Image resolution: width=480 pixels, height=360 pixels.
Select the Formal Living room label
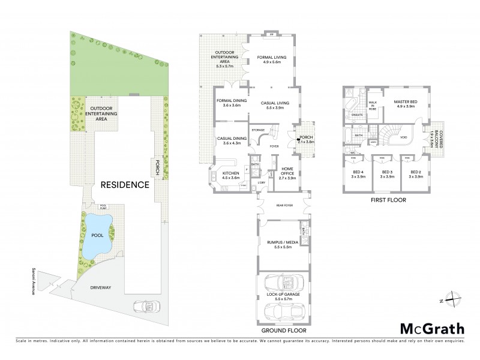click(272, 59)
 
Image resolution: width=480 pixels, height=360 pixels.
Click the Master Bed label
click(405, 104)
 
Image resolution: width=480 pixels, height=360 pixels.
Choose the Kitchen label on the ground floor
click(231, 175)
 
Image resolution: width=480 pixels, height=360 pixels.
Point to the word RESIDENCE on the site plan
click(124, 185)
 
